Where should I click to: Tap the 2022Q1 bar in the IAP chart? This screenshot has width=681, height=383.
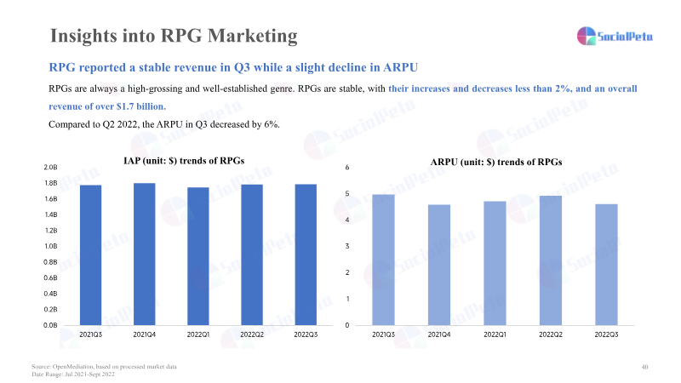[x=197, y=255]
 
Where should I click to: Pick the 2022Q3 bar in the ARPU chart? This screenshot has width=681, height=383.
[x=606, y=264]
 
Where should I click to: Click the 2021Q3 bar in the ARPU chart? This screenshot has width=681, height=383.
[x=383, y=260]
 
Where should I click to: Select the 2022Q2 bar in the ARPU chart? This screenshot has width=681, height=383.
[x=551, y=260]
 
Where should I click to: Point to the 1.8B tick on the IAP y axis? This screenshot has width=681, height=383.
[x=50, y=183]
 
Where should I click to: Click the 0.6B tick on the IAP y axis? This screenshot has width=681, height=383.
[x=50, y=278]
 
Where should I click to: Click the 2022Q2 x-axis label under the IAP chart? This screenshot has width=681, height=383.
[x=251, y=335]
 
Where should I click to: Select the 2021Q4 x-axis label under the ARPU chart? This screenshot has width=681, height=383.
[x=439, y=335]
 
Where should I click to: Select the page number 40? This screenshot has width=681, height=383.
[x=644, y=366]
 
